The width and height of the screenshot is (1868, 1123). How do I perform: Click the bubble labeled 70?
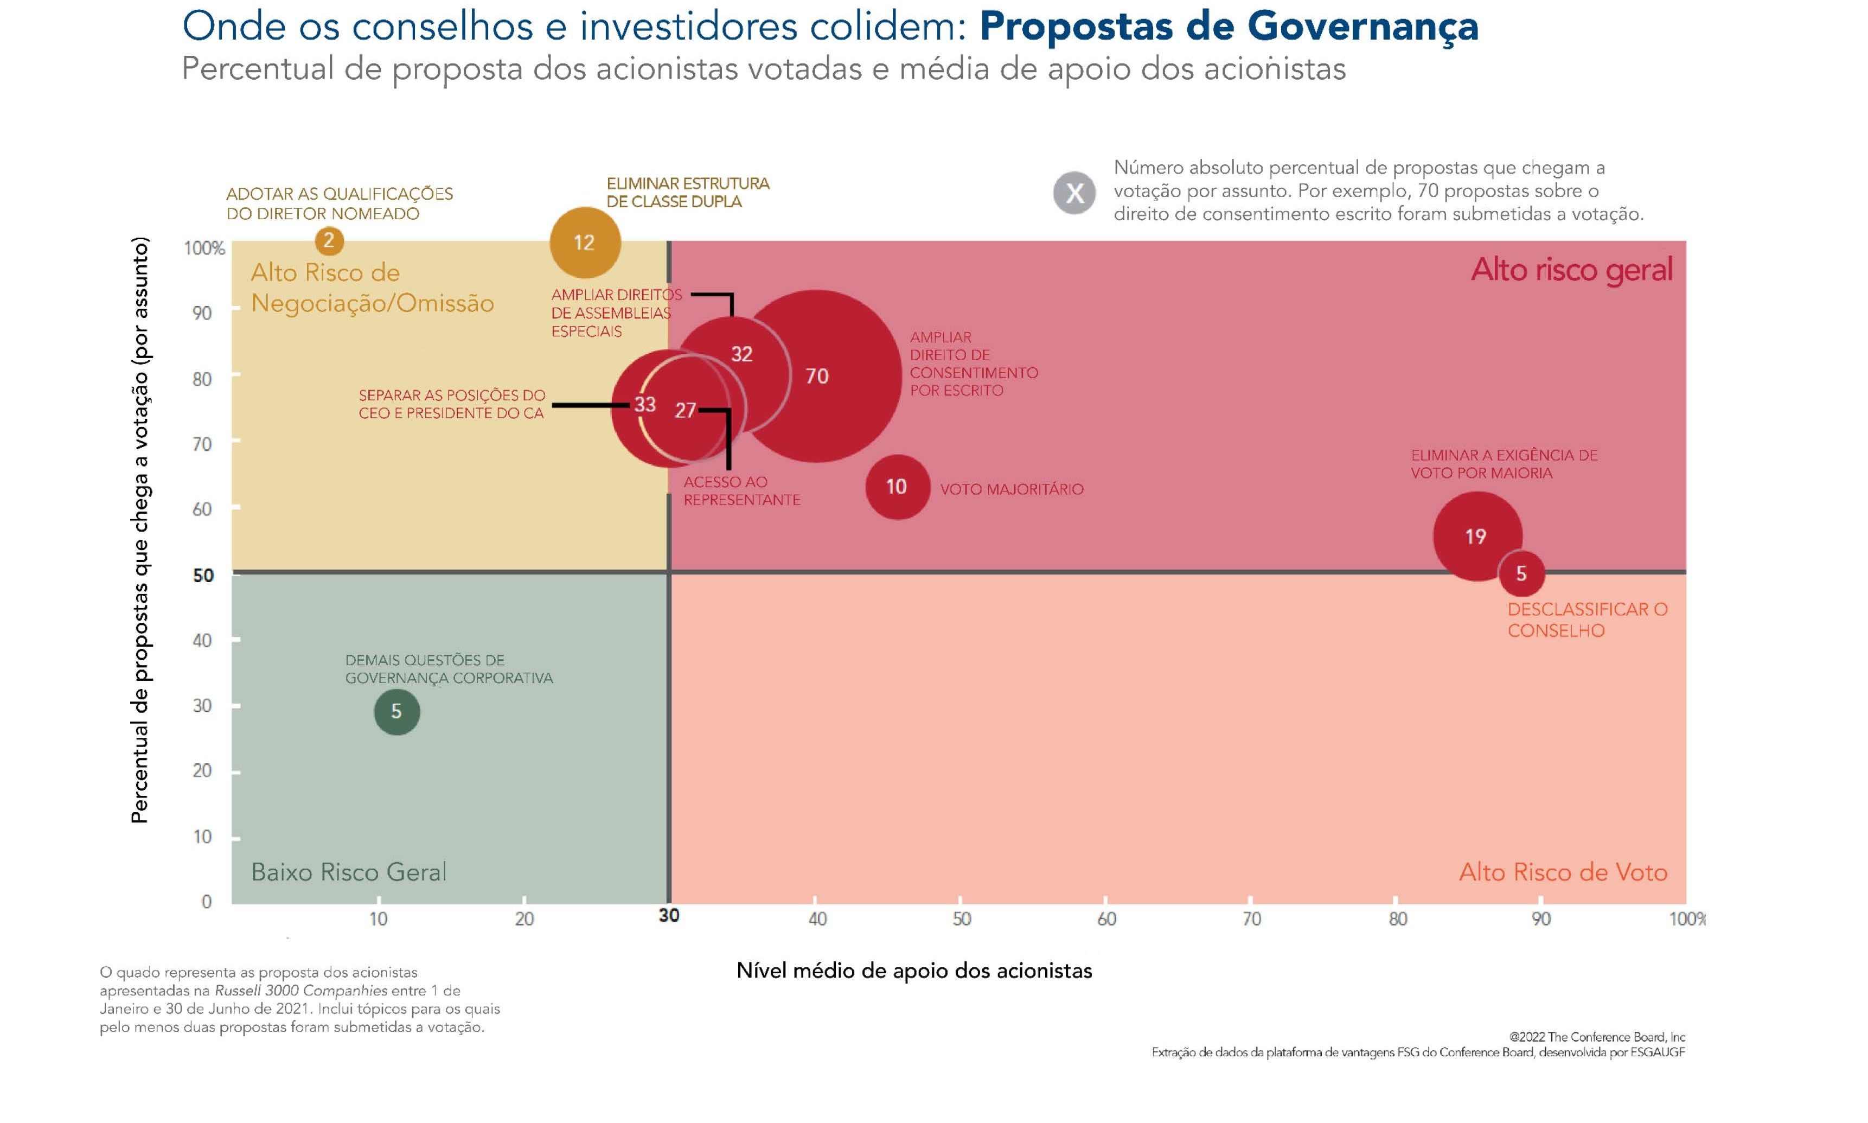pyautogui.click(x=816, y=376)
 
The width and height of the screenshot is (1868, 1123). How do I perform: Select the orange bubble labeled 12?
pyautogui.click(x=584, y=242)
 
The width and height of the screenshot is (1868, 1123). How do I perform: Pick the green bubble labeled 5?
pyautogui.click(x=396, y=711)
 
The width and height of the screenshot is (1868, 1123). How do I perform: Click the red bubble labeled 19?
pyautogui.click(x=1475, y=537)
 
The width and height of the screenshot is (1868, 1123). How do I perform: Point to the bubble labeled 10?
pyautogui.click(x=897, y=487)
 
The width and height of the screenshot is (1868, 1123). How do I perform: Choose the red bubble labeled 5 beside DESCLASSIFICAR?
pyautogui.click(x=1521, y=573)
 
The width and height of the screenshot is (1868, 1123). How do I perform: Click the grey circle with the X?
pyautogui.click(x=1074, y=193)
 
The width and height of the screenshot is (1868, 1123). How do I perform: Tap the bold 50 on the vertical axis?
pyautogui.click(x=203, y=575)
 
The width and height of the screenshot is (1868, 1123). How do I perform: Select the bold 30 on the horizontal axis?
pyautogui.click(x=669, y=916)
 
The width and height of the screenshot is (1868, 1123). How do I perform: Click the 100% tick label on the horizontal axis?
pyautogui.click(x=1686, y=918)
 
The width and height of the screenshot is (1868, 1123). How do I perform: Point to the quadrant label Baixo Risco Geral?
pyautogui.click(x=348, y=872)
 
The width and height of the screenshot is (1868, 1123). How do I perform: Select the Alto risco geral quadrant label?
pyautogui.click(x=1571, y=270)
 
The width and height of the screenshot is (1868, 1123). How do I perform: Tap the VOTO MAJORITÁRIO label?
pyautogui.click(x=1012, y=489)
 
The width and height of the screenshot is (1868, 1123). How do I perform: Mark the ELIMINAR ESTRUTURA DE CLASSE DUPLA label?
pyautogui.click(x=687, y=192)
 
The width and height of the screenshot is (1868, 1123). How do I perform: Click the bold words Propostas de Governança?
pyautogui.click(x=1228, y=27)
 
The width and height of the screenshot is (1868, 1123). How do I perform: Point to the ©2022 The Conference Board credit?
pyautogui.click(x=1596, y=1037)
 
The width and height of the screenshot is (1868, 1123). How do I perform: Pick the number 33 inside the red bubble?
pyautogui.click(x=644, y=404)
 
